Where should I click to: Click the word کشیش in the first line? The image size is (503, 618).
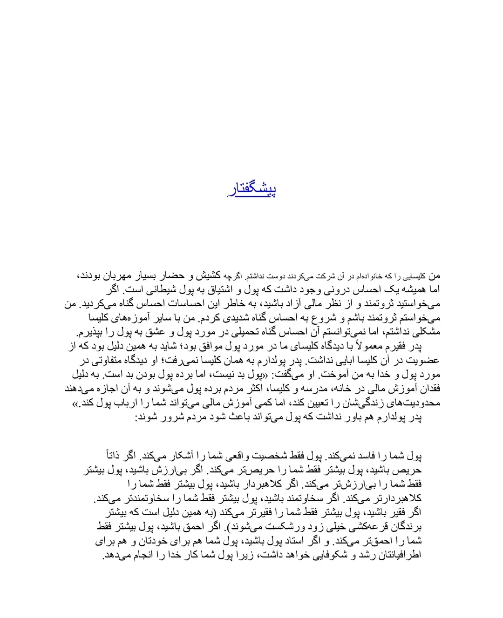[x=208, y=276]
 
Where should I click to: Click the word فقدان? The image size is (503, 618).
[x=428, y=389]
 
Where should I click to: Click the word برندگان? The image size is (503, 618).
[x=405, y=527]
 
